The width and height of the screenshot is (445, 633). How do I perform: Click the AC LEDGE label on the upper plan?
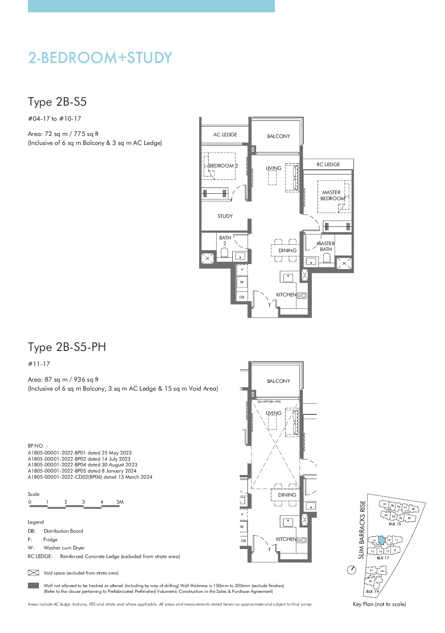tap(225, 135)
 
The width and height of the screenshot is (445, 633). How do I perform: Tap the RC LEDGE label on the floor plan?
tap(328, 165)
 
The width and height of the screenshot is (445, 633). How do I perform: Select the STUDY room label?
tap(225, 216)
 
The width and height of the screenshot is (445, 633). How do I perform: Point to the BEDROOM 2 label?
tap(223, 166)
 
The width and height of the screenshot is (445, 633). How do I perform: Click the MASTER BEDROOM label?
tap(332, 195)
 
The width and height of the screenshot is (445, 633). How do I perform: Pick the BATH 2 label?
tap(225, 240)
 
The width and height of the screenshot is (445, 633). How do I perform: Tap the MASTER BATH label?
tap(326, 246)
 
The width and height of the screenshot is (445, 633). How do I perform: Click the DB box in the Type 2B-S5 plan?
tap(242, 297)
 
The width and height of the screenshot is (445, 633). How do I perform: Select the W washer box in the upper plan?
tap(242, 282)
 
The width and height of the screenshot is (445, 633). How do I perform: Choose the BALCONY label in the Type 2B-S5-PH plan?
tap(279, 381)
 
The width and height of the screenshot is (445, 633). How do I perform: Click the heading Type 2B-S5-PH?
tap(67, 347)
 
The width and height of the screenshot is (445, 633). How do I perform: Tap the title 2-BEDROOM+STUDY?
tap(100, 58)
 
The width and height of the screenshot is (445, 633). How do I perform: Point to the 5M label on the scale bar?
tap(120, 502)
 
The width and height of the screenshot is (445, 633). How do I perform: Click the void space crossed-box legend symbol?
tap(33, 573)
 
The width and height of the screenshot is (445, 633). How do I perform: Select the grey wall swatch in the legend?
tap(33, 586)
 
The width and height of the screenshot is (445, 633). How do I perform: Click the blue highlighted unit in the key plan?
tap(381, 540)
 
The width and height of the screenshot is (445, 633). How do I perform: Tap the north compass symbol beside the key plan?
tap(352, 570)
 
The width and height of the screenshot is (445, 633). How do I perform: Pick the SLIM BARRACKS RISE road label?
tap(362, 530)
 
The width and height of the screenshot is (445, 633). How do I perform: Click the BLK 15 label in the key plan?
tap(395, 524)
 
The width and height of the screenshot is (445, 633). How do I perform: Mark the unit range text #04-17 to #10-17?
tap(54, 119)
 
